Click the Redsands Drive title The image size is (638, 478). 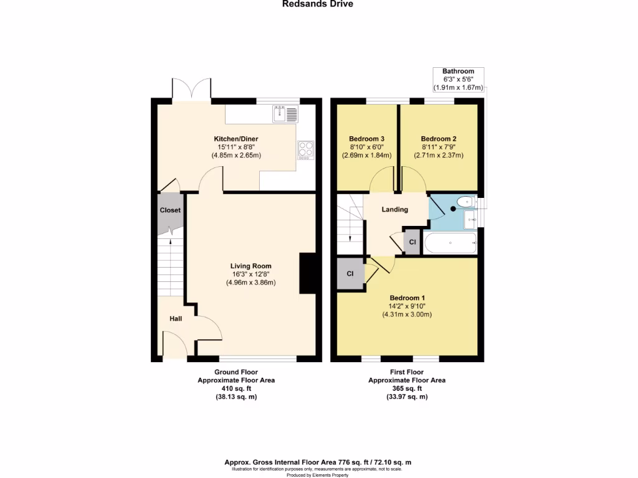click(318, 4)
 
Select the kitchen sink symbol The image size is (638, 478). click(286, 114)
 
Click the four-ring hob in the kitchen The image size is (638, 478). click(306, 149)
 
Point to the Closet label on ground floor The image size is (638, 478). click(169, 210)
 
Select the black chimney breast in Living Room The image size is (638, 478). click(308, 273)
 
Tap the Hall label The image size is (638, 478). click(176, 319)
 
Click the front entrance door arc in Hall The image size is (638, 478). click(174, 345)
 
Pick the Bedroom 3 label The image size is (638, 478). click(366, 139)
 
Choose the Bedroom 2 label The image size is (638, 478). click(439, 139)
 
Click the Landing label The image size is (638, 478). click(394, 210)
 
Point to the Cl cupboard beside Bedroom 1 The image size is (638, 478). click(350, 273)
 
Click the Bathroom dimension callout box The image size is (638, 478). click(459, 80)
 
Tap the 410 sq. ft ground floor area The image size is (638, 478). click(236, 388)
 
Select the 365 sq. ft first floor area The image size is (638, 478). click(407, 388)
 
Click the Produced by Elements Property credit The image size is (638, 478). click(318, 474)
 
